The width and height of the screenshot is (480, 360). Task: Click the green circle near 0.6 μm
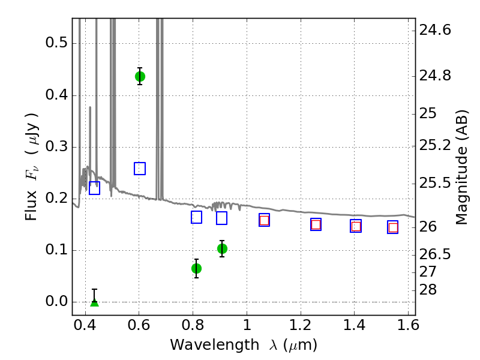coord(140,77)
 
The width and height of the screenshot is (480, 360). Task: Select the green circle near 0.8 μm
coord(197,268)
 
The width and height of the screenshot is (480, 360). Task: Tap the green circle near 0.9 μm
coord(222,249)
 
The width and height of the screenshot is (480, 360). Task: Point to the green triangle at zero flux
coord(95,302)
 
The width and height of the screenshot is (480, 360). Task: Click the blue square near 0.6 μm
coord(140,169)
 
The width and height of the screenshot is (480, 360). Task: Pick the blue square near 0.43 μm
coord(95,188)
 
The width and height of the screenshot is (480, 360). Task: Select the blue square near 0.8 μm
coord(197,217)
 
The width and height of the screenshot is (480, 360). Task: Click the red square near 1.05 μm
coord(264,220)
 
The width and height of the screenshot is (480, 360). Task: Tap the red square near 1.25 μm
coord(316,224)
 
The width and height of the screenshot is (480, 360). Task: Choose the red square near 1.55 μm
coord(393,227)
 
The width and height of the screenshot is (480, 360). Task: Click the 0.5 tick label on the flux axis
coord(56,43)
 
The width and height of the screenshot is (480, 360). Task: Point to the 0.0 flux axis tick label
coord(56,302)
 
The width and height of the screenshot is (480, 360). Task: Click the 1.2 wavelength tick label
coord(301,325)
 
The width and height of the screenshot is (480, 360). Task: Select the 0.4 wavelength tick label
coord(85,325)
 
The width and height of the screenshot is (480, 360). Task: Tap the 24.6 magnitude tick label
coord(435,30)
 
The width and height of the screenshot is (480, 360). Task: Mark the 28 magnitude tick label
coord(428,290)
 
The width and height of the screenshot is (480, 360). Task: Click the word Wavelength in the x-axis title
coord(215,345)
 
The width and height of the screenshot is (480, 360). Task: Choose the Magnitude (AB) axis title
coord(461,167)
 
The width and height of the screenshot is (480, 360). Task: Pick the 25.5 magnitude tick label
coord(435,184)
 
